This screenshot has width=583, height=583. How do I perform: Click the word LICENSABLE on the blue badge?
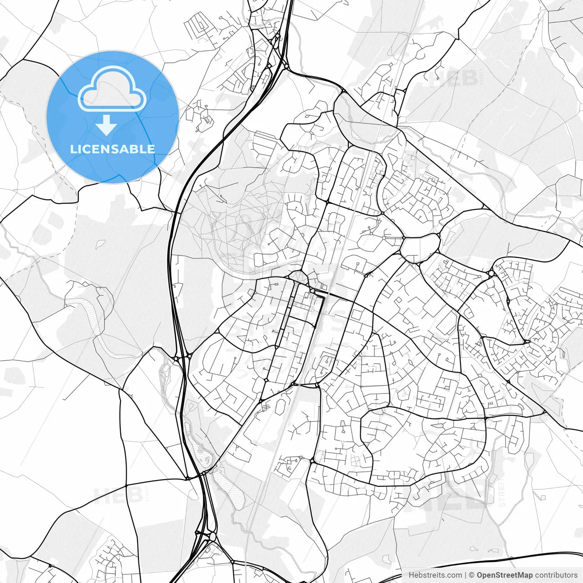(x=113, y=149)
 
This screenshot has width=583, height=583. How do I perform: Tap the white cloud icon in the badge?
(x=112, y=89)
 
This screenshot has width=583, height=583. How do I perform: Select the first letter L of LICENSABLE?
(x=73, y=149)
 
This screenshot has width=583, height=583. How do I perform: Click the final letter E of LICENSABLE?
(x=151, y=149)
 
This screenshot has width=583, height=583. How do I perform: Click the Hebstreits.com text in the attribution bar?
(x=435, y=575)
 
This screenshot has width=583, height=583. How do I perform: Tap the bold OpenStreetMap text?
(x=505, y=575)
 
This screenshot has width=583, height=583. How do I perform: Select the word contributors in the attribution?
(x=556, y=575)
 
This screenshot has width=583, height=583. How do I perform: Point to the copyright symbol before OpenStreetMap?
(x=472, y=575)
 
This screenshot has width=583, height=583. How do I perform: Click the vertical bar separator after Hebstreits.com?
(x=465, y=575)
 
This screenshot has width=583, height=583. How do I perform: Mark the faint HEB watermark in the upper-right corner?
(x=455, y=78)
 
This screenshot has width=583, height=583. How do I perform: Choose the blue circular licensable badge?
(x=113, y=117)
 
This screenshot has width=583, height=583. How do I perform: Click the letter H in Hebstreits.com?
(x=411, y=575)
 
